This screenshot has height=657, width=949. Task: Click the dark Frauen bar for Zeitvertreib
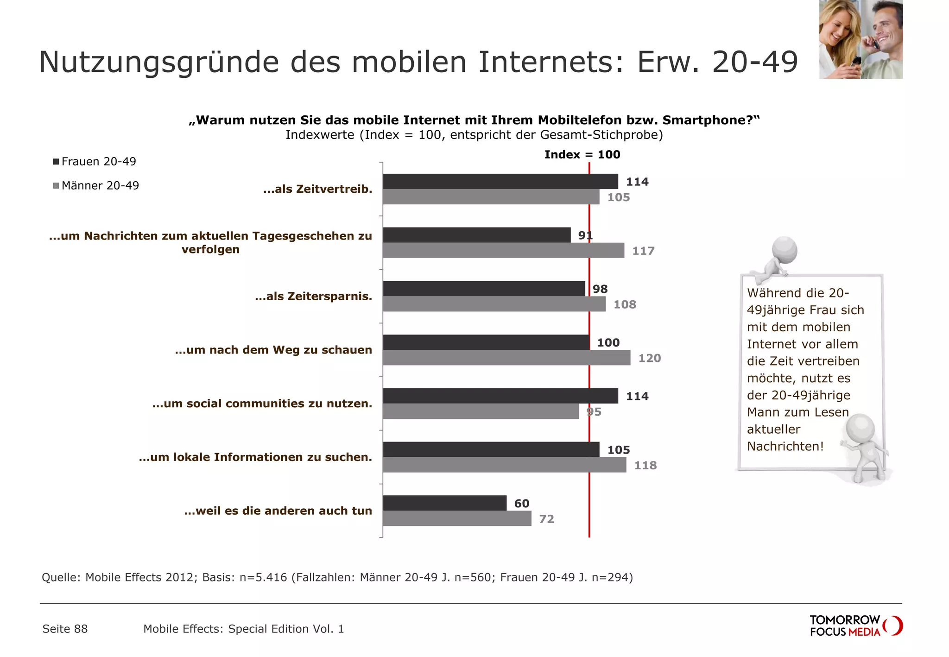500,181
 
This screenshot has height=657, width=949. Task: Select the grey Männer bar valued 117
503,250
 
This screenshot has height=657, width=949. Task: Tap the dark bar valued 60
444,503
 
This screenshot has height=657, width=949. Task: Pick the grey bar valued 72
457,518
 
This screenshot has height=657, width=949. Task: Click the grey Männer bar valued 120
506,358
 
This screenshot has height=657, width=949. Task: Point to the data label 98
600,289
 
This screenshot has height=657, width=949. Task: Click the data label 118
645,465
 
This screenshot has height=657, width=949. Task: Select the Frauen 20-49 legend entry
95,162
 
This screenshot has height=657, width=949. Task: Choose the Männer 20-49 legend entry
96,186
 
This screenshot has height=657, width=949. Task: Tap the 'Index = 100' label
582,155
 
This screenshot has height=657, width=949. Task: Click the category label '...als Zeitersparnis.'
313,296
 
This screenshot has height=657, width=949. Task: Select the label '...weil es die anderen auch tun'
278,511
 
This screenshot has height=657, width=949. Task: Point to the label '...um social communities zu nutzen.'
262,404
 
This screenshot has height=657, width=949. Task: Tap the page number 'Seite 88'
65,629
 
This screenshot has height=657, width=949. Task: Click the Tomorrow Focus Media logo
855,625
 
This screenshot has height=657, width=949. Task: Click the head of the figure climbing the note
784,250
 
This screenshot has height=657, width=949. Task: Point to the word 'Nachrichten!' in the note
785,446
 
